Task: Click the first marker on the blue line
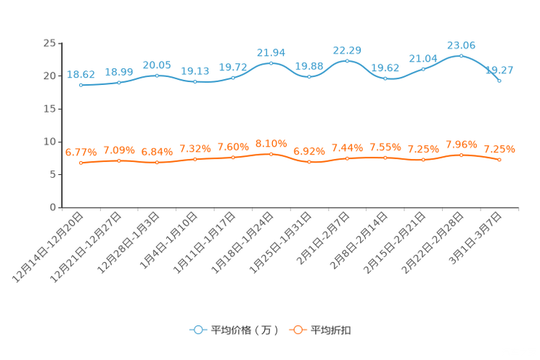pyautogui.click(x=81, y=85)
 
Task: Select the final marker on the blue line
pyautogui.click(x=499, y=81)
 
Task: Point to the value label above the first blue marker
pyautogui.click(x=81, y=74)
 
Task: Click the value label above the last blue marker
pyautogui.click(x=499, y=70)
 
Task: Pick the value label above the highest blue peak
pyautogui.click(x=461, y=45)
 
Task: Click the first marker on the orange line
pyautogui.click(x=81, y=163)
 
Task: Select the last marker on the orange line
pyautogui.click(x=499, y=160)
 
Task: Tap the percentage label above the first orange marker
pyautogui.click(x=81, y=152)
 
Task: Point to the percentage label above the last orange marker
pyautogui.click(x=499, y=150)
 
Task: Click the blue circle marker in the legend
pyautogui.click(x=197, y=330)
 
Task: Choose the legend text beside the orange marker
pyautogui.click(x=332, y=330)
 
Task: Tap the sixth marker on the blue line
pyautogui.click(x=271, y=63)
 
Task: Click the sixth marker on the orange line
pyautogui.click(x=271, y=154)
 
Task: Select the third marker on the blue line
pyautogui.click(x=157, y=75)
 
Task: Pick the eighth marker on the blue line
pyautogui.click(x=347, y=60)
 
